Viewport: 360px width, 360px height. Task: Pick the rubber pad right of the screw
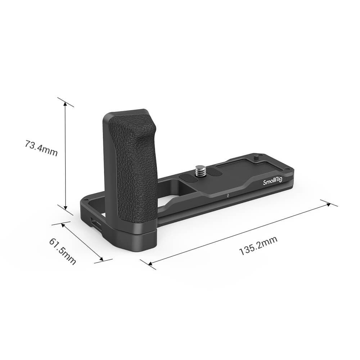tap(215, 172)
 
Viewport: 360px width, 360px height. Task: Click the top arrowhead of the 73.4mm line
tap(65, 103)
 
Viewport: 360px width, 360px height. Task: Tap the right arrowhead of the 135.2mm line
tap(328, 204)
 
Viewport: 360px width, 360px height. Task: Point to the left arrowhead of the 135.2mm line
tap(151, 264)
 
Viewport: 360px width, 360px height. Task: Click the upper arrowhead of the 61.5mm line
tap(64, 224)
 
